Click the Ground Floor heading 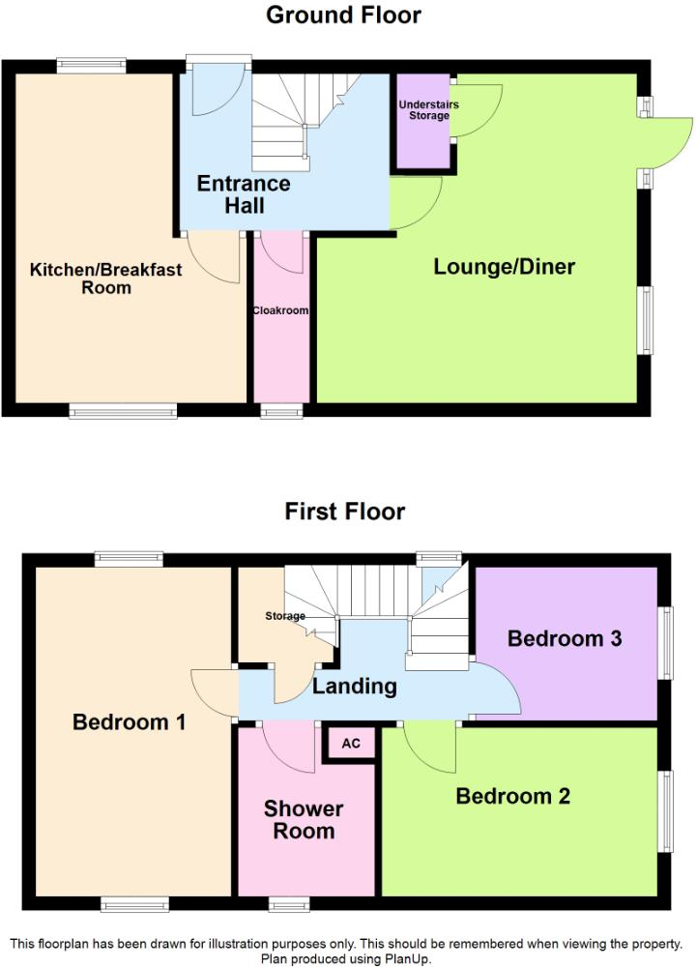(344, 15)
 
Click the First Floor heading (344, 512)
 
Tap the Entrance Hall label (244, 194)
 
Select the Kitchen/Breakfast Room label (105, 279)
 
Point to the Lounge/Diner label (504, 267)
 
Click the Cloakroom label (280, 311)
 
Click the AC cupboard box (349, 744)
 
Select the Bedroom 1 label (130, 722)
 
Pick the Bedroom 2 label (513, 797)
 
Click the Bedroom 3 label (565, 639)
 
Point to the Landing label (355, 688)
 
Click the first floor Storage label (285, 616)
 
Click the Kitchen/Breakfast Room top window (91, 66)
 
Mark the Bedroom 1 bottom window (135, 904)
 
